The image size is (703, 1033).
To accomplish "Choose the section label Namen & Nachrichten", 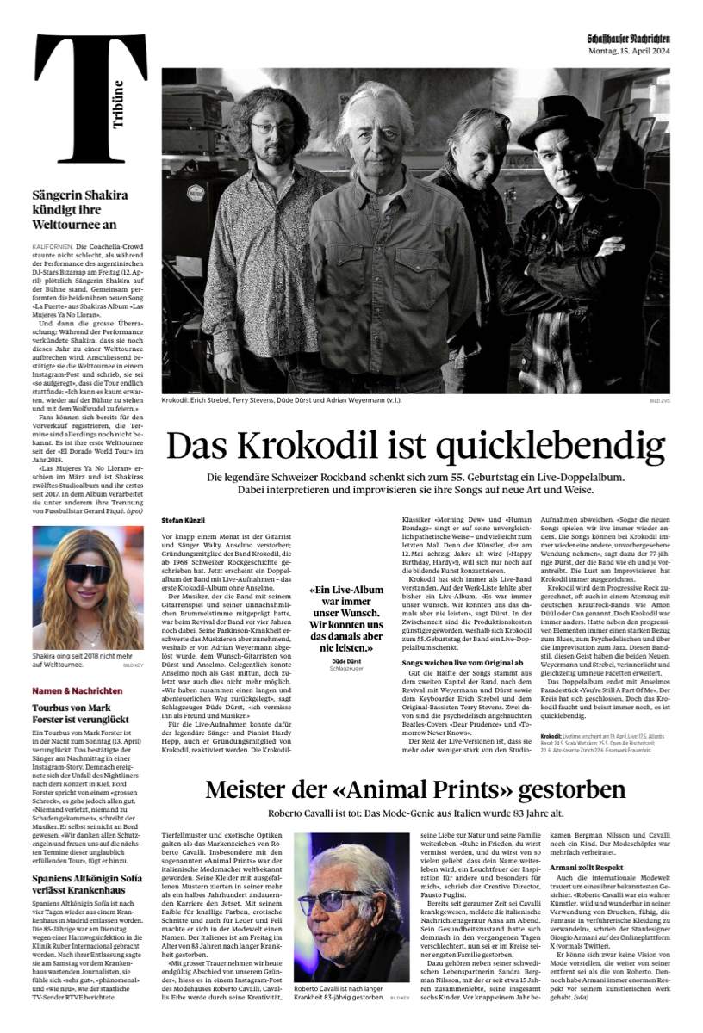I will point(78,690).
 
